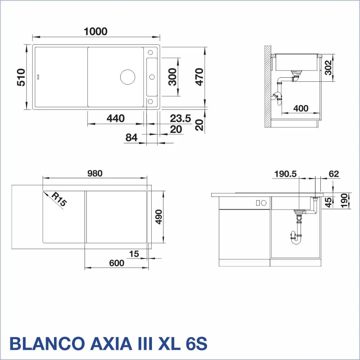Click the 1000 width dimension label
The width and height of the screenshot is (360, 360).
(x=95, y=31)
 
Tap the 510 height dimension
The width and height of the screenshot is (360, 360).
(x=21, y=77)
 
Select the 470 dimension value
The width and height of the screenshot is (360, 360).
(x=199, y=77)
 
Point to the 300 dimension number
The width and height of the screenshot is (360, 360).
(x=172, y=77)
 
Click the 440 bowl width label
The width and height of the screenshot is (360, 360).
(x=116, y=118)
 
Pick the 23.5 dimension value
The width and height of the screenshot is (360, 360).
(x=180, y=118)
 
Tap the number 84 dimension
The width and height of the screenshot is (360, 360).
(x=131, y=138)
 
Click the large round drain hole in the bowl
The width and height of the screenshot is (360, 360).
(x=128, y=77)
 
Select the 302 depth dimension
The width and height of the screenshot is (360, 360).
(x=329, y=68)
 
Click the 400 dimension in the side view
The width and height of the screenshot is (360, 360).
(x=301, y=108)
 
